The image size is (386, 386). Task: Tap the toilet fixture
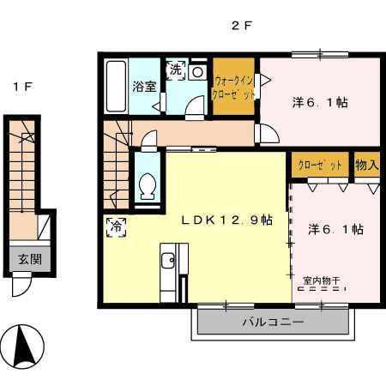pos(148,185)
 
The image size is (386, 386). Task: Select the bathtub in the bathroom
pos(116,86)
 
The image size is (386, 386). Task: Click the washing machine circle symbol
pos(197,72)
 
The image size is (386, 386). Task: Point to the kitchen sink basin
pos(167,260)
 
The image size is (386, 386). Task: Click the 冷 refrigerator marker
pos(117,227)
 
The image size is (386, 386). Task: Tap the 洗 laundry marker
pos(176,69)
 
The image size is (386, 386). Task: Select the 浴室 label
pos(144,87)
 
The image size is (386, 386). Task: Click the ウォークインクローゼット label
pos(233,87)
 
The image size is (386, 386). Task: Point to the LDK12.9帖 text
pos(227,220)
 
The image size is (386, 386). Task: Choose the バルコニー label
pos(273,323)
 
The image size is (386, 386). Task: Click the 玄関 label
pos(30,259)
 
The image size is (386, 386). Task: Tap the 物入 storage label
pos(367,165)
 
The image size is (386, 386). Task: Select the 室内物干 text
pos(322,280)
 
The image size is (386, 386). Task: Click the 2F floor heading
pos(242,26)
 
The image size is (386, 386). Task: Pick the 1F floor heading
pos(22,86)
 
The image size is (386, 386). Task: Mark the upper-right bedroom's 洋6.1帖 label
pos(320,102)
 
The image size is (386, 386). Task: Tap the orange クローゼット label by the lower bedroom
pos(320,165)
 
